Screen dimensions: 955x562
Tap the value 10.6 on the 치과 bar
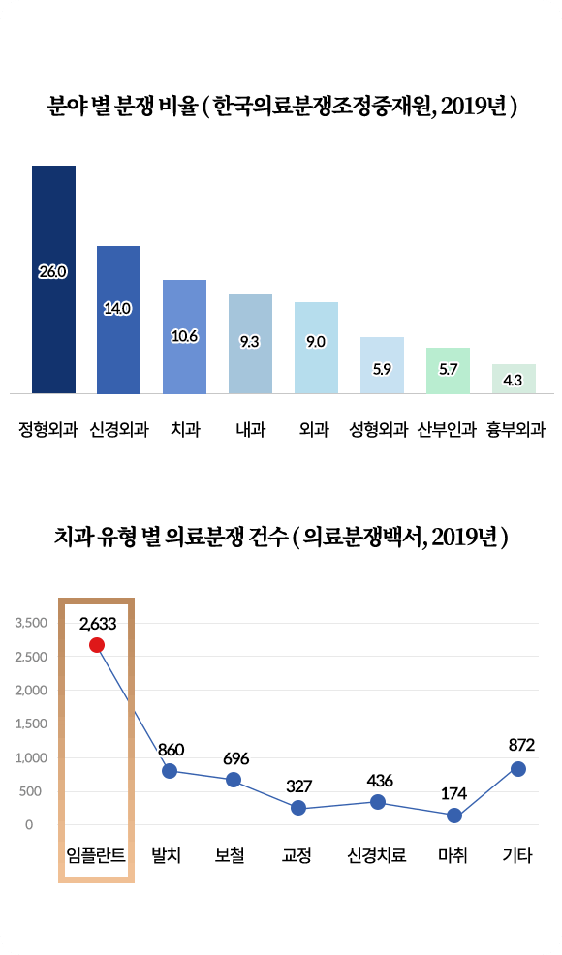point(184,336)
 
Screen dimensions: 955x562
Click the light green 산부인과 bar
point(448,370)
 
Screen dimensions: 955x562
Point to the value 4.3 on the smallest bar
point(514,381)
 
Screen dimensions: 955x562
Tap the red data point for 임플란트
point(97,645)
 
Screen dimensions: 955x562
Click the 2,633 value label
point(98,624)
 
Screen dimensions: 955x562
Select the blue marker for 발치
point(170,771)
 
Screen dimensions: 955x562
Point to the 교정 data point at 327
point(298,808)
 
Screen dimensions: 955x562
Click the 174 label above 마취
point(453,794)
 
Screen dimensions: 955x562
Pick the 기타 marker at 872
point(518,769)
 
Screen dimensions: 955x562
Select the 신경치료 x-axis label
point(376,856)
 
